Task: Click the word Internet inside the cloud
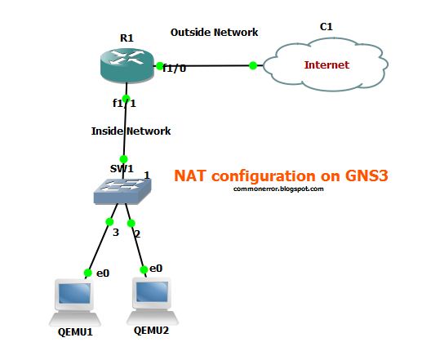(x=326, y=64)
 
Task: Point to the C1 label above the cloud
(x=327, y=27)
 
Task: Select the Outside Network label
(x=214, y=33)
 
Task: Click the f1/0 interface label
(x=174, y=69)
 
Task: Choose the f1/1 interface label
(x=125, y=104)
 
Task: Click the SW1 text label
(x=122, y=167)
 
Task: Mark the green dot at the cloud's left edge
(x=253, y=65)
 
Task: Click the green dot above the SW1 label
(x=124, y=158)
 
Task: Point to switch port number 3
(x=117, y=233)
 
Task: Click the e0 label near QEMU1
(x=103, y=273)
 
